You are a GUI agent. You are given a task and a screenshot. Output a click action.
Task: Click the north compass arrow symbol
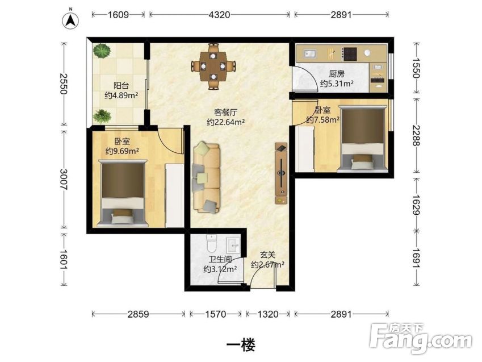click(71, 20)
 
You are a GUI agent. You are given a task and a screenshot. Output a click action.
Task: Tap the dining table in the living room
click(213, 66)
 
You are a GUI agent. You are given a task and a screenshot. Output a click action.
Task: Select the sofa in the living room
click(206, 178)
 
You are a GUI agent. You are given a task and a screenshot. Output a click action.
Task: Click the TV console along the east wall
click(281, 173)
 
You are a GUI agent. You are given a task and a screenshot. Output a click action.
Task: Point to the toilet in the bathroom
click(212, 243)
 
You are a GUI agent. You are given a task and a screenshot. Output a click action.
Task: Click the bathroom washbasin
click(234, 245)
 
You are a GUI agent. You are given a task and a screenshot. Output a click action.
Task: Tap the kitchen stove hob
click(350, 54)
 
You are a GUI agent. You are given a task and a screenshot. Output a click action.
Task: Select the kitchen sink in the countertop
click(311, 54)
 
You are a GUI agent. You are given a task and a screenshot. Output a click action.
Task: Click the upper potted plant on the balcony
click(102, 51)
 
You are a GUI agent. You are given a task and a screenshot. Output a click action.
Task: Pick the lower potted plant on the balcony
click(102, 116)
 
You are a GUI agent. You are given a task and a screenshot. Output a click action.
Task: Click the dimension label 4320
click(219, 15)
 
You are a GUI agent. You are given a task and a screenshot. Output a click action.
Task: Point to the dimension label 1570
click(216, 314)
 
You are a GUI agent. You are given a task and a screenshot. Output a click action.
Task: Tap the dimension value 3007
click(64, 179)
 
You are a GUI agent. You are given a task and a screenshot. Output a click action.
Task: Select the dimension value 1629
click(416, 205)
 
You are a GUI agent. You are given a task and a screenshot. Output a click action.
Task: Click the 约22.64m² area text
click(226, 122)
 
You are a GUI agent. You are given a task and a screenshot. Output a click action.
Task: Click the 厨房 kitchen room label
click(337, 74)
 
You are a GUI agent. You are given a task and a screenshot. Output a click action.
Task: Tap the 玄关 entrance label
click(267, 255)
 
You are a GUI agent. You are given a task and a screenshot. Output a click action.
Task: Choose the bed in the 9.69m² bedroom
click(123, 193)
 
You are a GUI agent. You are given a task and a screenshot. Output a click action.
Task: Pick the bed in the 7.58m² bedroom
click(362, 139)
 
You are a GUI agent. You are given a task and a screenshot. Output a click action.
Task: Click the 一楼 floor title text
click(241, 345)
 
